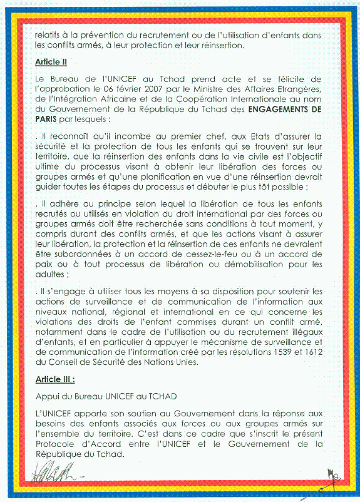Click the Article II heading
coord(51,62)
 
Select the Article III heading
coord(55,379)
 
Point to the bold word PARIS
coord(46,119)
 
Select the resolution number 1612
coord(314,352)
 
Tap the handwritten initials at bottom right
coord(333,478)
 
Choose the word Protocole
coord(55,444)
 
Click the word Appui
coord(46,397)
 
